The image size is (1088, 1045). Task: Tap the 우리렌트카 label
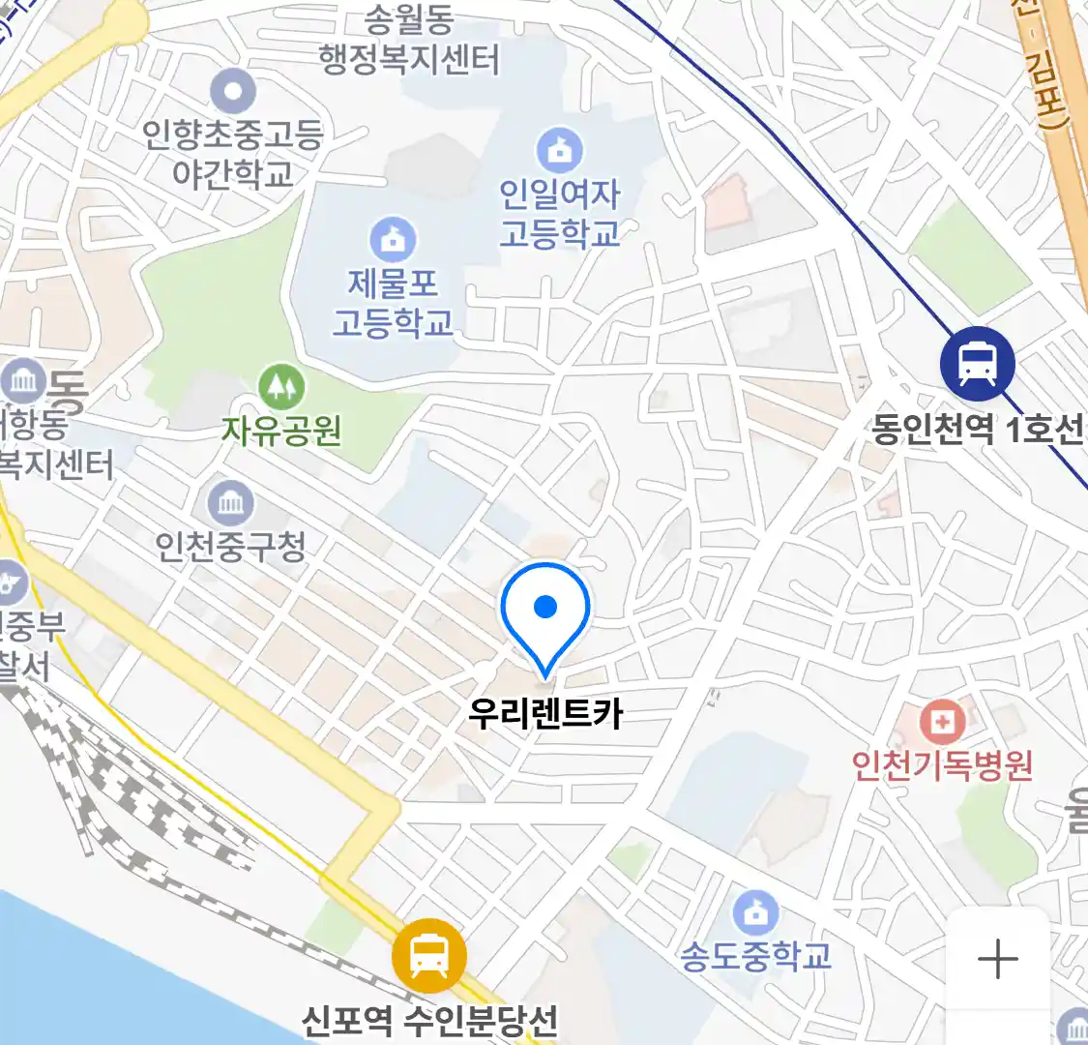pos(545,714)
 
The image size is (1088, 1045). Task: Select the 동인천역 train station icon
pos(977,364)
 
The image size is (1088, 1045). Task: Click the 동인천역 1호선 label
pos(977,429)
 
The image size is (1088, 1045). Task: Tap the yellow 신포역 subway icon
pos(428,956)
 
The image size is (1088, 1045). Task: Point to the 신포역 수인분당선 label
pos(430,1020)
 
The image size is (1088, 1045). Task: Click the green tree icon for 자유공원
pos(281,388)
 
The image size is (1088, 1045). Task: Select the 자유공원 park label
pos(281,430)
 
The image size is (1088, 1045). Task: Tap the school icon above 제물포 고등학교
pos(393,240)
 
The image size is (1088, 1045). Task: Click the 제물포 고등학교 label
pos(393,303)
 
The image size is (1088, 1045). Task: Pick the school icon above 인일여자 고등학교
pos(559,151)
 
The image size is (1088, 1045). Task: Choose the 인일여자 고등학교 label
pos(559,214)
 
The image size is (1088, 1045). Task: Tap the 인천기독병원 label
pos(942,765)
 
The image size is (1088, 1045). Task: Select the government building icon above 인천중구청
pos(230,503)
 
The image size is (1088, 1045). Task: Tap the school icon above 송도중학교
pos(755,913)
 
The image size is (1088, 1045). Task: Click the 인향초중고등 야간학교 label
pos(232,153)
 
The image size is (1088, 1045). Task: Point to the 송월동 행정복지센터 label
pos(409,41)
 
